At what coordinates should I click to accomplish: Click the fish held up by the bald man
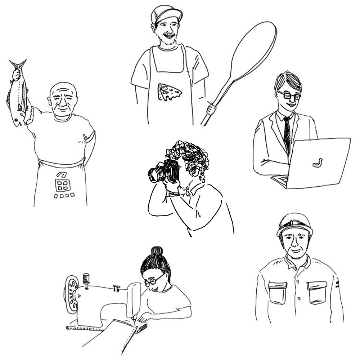[x=18, y=93]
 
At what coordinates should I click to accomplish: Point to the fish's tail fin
[x=17, y=64]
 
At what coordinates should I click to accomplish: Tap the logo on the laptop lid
[x=318, y=163]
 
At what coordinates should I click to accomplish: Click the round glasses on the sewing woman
[x=154, y=280]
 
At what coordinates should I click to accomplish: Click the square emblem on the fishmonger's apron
[x=62, y=186]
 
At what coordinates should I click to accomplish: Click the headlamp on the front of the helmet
[x=294, y=223]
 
